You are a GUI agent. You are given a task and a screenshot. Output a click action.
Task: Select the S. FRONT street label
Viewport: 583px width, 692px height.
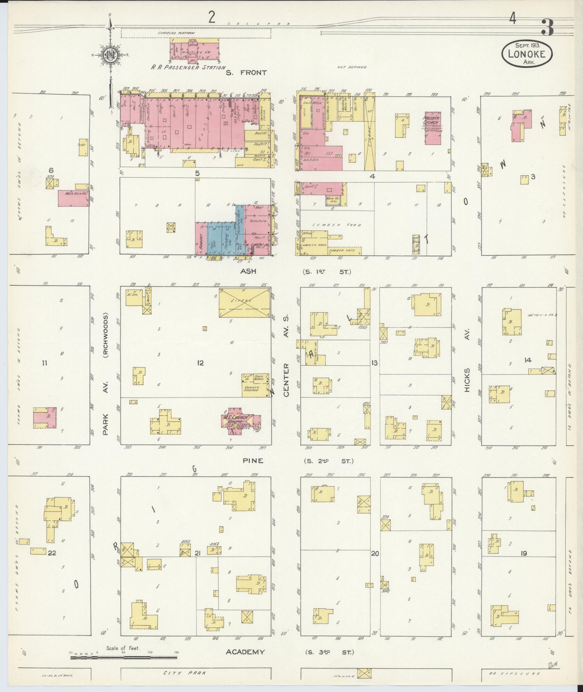(x=246, y=73)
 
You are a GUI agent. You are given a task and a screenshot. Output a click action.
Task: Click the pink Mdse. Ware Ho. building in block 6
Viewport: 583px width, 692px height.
(x=73, y=198)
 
